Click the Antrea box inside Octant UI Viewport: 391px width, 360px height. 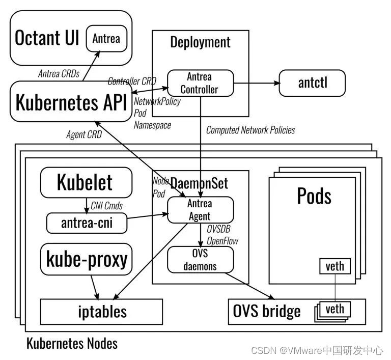point(106,38)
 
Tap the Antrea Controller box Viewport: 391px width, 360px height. point(200,83)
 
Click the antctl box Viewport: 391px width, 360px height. point(312,83)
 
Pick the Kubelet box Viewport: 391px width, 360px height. point(85,183)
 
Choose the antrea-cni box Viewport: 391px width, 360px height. point(86,223)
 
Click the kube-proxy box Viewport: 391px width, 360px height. point(87,260)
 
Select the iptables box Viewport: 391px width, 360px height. point(101,312)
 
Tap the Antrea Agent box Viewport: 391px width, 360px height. point(200,210)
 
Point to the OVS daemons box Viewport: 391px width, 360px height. point(200,259)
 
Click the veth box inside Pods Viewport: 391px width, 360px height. point(334,266)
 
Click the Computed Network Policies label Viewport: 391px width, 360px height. point(250,130)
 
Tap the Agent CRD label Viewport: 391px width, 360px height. point(84,135)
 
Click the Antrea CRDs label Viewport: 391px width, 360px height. point(59,74)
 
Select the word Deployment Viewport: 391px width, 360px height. point(200,42)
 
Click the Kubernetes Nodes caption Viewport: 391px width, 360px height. point(72,343)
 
